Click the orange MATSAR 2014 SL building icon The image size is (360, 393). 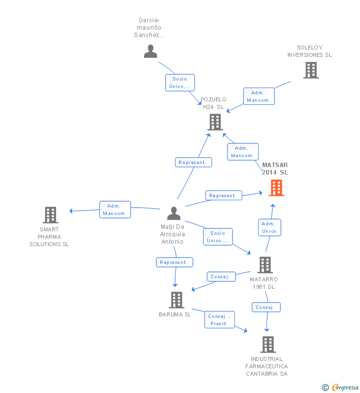tap(276, 188)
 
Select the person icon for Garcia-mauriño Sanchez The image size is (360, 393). tap(150, 51)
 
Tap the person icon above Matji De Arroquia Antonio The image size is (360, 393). tap(174, 213)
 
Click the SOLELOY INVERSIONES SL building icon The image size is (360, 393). tap(311, 70)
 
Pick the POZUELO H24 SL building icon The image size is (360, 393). tap(215, 122)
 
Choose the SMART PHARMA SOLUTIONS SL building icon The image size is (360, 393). tap(50, 215)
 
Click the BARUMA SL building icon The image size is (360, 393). tap(177, 300)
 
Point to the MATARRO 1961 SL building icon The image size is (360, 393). tap(265, 264)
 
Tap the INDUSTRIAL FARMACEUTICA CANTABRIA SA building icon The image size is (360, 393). tap(268, 345)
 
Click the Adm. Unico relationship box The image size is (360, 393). tap(270, 227)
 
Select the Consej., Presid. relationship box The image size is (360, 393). tap(220, 319)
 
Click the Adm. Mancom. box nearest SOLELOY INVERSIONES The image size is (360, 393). tap(259, 96)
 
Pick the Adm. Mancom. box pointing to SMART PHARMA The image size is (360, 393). tap(115, 210)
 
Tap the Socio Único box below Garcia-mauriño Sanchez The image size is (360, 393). tap(180, 83)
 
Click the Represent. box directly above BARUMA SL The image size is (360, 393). tap(175, 262)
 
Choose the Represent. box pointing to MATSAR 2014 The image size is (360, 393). tap(224, 195)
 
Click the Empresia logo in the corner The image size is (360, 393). tap(340, 387)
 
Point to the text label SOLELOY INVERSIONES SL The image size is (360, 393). tap(310, 51)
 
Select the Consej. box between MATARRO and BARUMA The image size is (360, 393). tap(221, 276)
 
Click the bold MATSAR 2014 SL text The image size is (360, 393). tap(275, 169)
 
